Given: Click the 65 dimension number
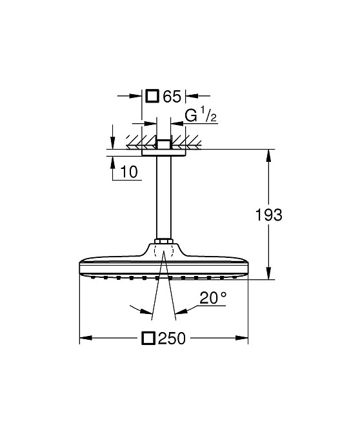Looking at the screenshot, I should [171, 97].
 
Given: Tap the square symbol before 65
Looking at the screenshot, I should [152, 96].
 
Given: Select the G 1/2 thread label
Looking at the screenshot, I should [201, 116].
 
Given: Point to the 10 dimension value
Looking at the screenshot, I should [129, 172].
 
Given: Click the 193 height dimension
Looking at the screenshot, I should [269, 215].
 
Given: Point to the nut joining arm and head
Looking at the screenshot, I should [163, 243].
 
